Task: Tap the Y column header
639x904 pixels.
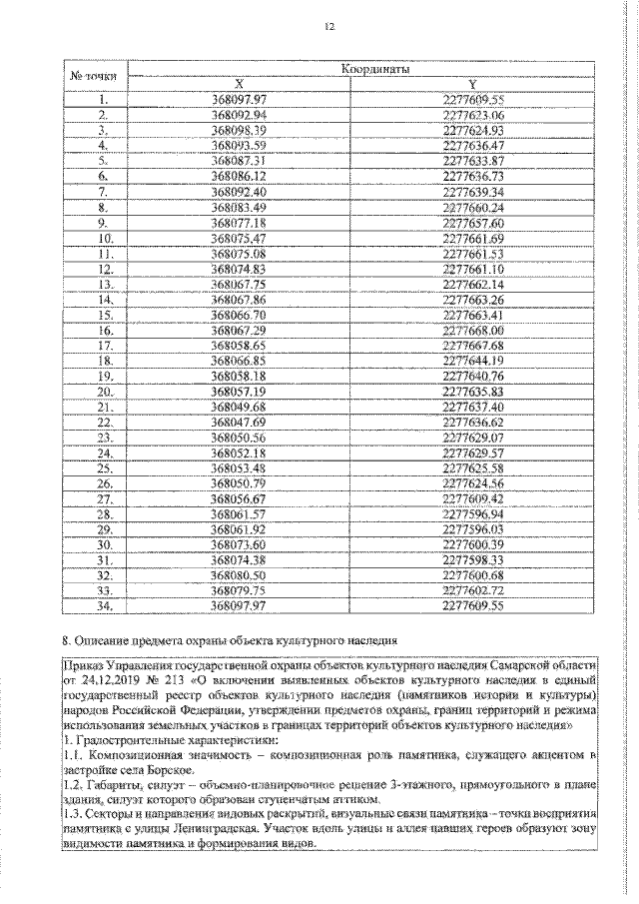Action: [x=475, y=84]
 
